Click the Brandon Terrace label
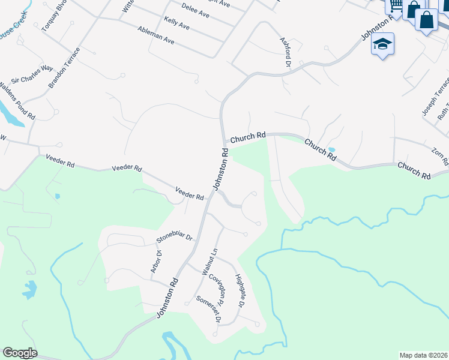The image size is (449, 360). click(x=64, y=68)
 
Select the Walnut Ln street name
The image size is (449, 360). click(x=209, y=262)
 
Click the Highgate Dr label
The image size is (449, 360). click(x=240, y=290)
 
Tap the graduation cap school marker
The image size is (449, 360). click(x=382, y=43)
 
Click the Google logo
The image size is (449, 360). click(x=20, y=353)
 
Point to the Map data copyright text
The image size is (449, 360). click(x=423, y=355)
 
